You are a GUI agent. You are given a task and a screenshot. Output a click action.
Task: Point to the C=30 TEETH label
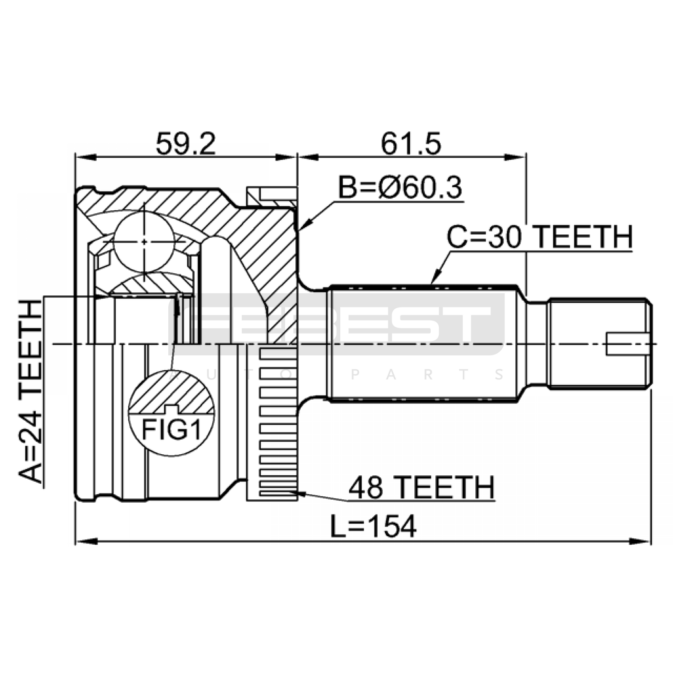click(x=540, y=237)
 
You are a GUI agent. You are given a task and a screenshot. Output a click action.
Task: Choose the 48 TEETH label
click(x=421, y=488)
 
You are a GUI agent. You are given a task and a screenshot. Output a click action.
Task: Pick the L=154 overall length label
click(x=373, y=527)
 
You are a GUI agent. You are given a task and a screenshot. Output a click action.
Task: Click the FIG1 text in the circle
click(x=171, y=429)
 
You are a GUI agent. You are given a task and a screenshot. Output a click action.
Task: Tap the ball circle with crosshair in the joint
click(x=144, y=242)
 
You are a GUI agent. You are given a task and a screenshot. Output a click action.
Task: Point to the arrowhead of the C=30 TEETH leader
click(x=436, y=278)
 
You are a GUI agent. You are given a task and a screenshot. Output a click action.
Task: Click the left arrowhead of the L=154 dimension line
click(x=86, y=541)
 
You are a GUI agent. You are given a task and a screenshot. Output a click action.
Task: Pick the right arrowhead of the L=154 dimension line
click(x=640, y=541)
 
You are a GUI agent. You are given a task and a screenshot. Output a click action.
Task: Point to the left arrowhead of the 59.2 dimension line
click(x=86, y=157)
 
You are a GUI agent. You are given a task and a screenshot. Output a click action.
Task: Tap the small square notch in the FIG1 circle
click(x=171, y=408)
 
